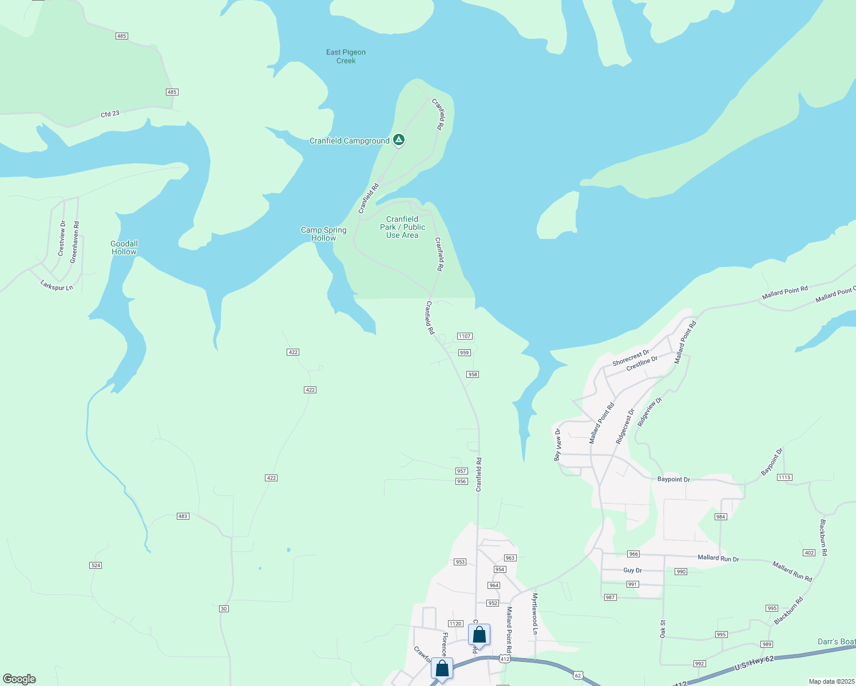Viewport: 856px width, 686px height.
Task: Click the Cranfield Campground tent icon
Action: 399,139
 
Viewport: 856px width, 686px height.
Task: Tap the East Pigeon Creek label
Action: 346,57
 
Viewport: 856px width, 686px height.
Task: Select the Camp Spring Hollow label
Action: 324,234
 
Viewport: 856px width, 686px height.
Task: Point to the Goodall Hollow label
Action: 124,248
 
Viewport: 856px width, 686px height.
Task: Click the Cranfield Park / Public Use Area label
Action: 402,227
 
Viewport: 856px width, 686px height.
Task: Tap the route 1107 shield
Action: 464,336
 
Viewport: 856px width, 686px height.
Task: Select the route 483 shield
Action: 183,516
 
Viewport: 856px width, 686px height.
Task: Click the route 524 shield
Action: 96,565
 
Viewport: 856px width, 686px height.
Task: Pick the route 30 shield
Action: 224,609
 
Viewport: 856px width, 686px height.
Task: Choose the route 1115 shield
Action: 784,477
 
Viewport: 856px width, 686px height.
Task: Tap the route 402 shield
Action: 809,553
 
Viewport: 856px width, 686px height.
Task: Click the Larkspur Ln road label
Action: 57,285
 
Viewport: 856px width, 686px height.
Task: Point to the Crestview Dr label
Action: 62,238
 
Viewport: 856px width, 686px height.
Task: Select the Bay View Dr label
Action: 557,445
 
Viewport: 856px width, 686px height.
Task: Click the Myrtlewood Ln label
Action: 535,613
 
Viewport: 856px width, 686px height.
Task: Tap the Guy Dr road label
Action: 632,571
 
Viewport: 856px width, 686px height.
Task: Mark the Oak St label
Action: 663,629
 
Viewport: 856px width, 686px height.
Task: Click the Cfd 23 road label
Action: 110,114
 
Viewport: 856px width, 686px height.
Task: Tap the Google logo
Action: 19,679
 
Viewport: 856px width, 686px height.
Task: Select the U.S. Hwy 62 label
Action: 754,664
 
